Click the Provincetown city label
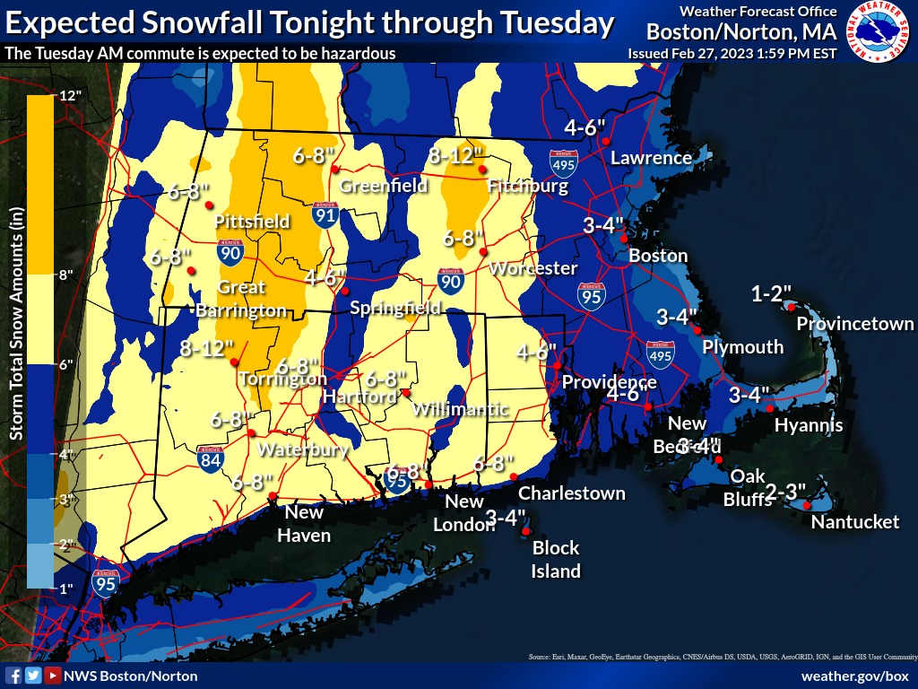coord(855,324)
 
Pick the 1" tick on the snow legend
coord(65,588)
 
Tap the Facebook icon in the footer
coord(13,676)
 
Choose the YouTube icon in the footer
coord(53,676)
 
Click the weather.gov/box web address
coord(854,676)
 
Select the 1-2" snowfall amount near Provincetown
coord(771,293)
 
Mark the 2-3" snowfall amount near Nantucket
coord(784,491)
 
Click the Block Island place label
coord(556,559)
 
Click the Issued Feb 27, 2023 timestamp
coord(732,53)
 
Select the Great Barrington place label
coord(241,299)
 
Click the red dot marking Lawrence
coord(606,142)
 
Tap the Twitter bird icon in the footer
coord(33,676)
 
